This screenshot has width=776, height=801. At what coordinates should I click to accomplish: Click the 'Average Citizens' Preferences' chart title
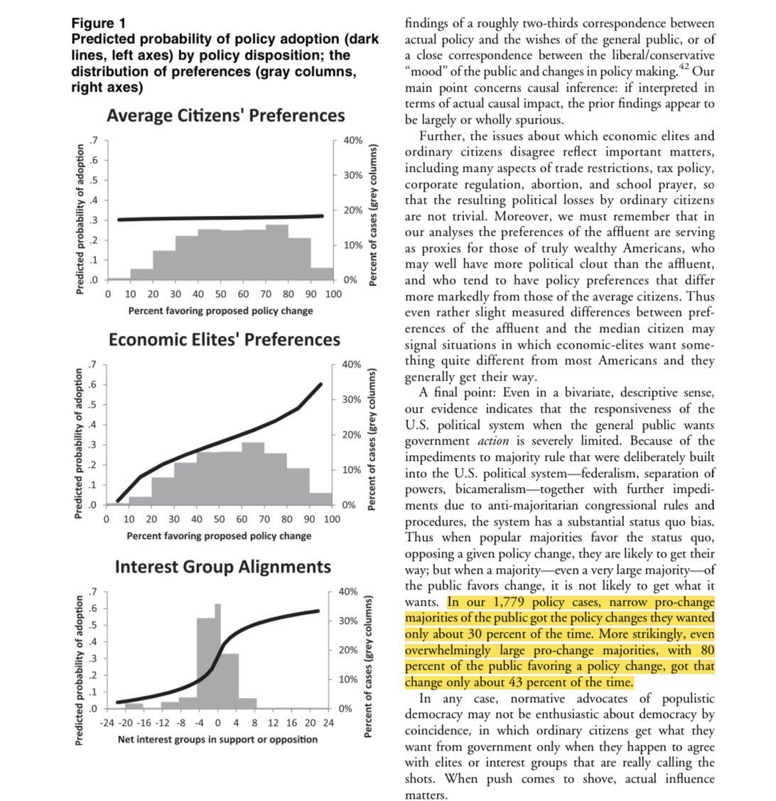pyautogui.click(x=225, y=115)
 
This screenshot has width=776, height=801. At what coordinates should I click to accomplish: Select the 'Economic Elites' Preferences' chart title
pyautogui.click(x=224, y=339)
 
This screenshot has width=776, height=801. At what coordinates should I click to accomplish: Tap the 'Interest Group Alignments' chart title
pyautogui.click(x=222, y=567)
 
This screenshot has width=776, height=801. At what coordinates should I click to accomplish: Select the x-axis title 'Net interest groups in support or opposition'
pyautogui.click(x=217, y=739)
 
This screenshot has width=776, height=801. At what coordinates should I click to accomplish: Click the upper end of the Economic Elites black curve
pyautogui.click(x=320, y=384)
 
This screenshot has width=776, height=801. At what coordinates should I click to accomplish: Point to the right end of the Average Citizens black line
pyautogui.click(x=321, y=216)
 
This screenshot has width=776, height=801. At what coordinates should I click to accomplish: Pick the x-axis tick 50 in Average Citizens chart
pyautogui.click(x=220, y=293)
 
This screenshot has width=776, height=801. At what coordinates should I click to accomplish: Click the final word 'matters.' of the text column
pyautogui.click(x=426, y=795)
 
